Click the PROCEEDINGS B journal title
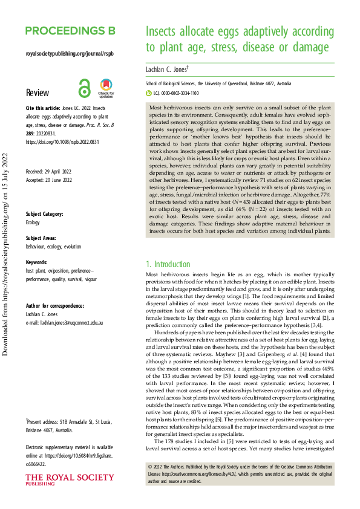pyautogui.click(x=70, y=31)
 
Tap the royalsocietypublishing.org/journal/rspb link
pyautogui.click(x=70, y=53)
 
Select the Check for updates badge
pyautogui.click(x=106, y=88)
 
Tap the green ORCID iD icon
pyautogui.click(x=149, y=94)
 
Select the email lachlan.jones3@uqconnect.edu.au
pyautogui.click(x=65, y=323)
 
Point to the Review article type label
pyautogui.click(x=38, y=92)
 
